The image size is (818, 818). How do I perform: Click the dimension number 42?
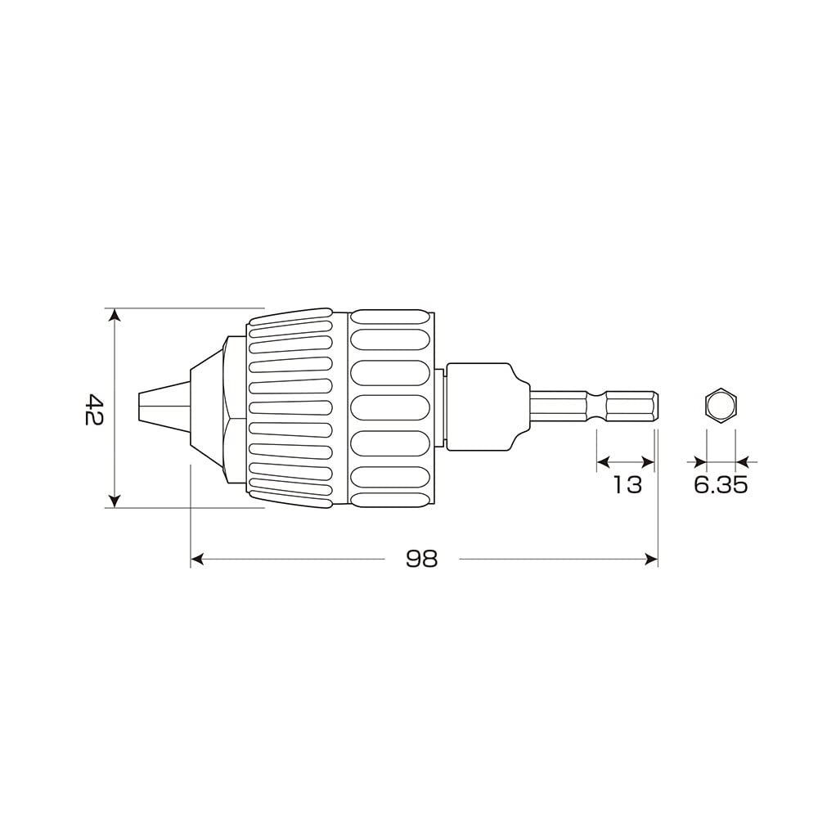click(94, 409)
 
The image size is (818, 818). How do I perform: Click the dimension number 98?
click(422, 559)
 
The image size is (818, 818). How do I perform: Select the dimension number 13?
click(627, 484)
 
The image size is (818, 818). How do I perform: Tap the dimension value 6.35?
click(721, 484)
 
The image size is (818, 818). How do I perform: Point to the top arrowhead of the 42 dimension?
click(115, 316)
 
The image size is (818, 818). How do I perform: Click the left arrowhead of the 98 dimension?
click(197, 560)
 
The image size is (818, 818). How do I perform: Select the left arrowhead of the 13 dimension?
click(603, 462)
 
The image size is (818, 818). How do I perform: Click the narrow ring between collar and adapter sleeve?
click(441, 407)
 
